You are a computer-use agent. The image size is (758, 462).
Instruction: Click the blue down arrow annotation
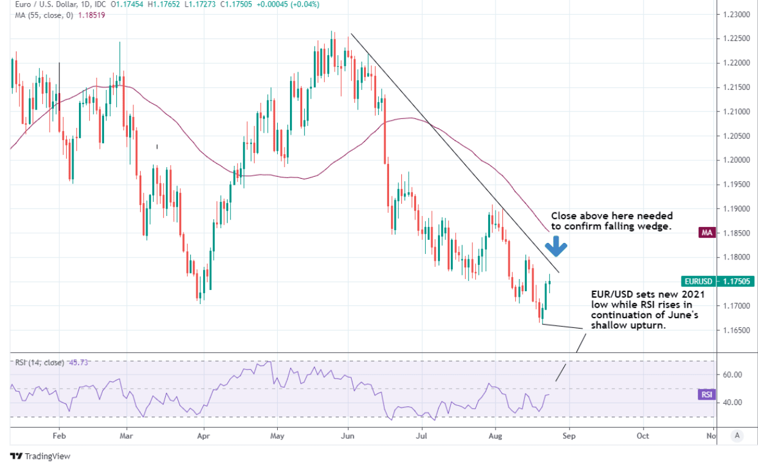pos(556,246)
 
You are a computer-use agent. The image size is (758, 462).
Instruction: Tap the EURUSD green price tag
pos(697,281)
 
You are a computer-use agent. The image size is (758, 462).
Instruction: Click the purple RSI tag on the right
pos(707,395)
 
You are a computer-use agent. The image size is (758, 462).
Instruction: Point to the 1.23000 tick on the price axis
pos(737,14)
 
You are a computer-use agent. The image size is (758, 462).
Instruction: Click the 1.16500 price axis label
pos(737,330)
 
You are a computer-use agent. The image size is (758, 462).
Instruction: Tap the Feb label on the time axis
pos(59,436)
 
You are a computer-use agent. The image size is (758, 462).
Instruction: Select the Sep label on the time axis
pos(569,436)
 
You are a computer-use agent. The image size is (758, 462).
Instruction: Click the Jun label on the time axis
pos(347,436)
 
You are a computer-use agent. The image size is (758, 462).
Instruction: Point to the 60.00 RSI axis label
pos(732,374)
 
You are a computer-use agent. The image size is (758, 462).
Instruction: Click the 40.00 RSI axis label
pos(732,403)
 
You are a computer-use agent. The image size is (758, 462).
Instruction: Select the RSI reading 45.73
pos(80,362)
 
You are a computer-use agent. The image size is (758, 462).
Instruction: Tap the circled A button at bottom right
pos(737,436)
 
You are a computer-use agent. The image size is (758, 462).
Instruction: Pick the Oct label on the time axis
pos(642,436)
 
